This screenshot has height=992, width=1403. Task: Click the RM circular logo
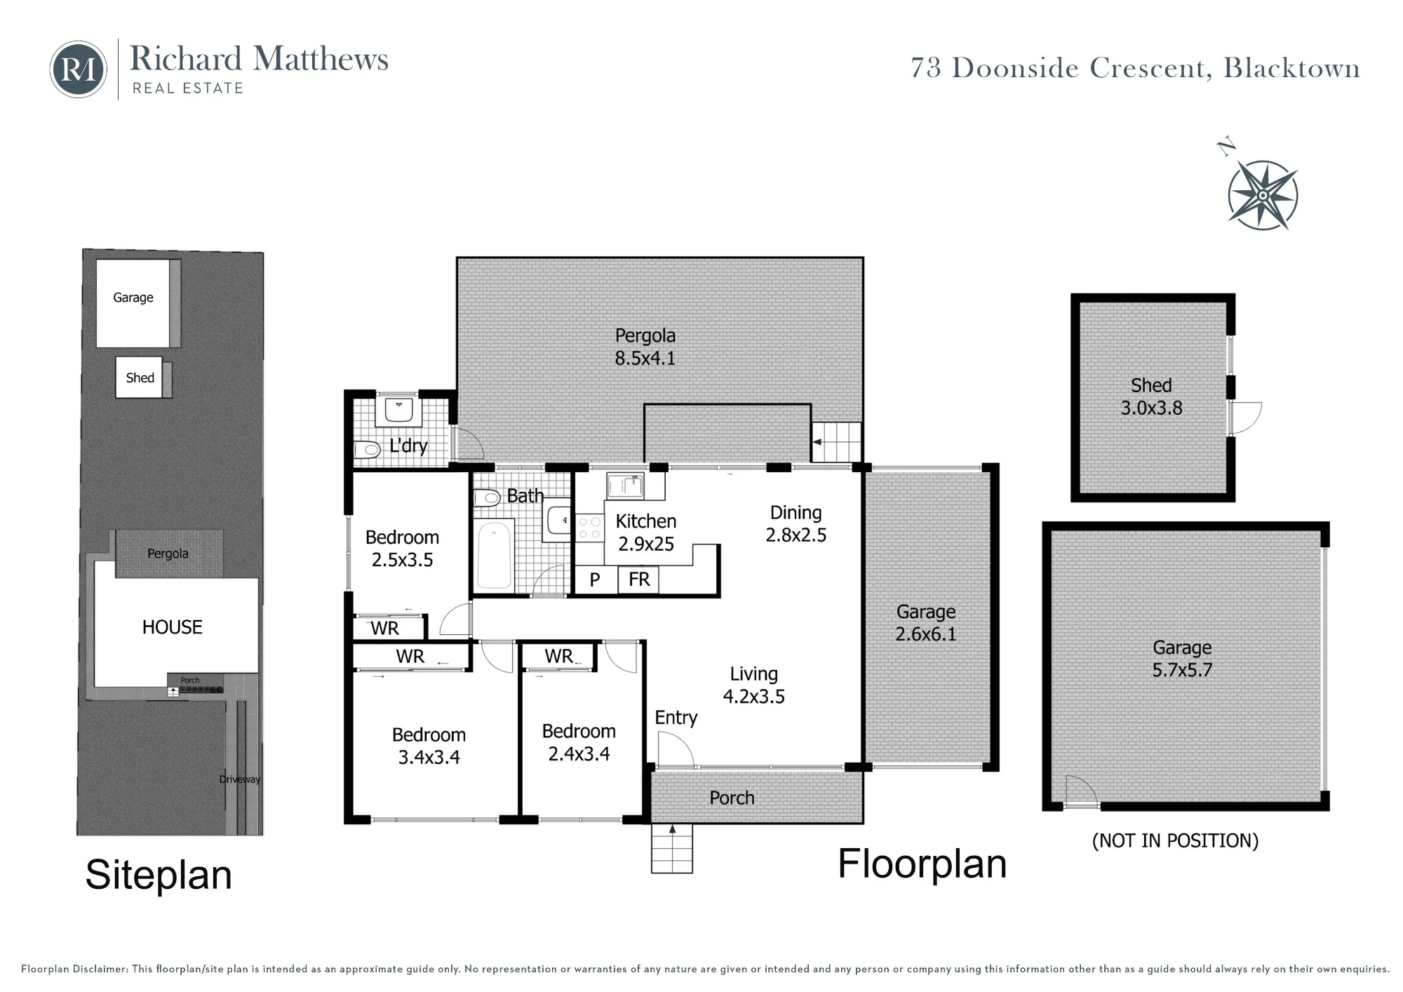79,69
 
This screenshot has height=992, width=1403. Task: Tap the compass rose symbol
1263,194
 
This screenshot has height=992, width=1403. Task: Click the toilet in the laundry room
365,450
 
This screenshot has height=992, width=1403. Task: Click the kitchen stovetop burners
590,528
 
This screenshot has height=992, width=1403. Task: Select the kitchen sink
625,486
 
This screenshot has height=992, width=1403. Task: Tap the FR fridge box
638,580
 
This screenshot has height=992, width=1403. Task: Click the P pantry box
595,580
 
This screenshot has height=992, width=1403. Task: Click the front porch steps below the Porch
672,848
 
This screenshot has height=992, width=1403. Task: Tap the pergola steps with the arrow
836,442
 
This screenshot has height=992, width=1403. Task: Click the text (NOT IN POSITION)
1175,840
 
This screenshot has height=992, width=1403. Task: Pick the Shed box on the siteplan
139,377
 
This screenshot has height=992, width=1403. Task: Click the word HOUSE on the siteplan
172,627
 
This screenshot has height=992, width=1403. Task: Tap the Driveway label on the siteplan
239,779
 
